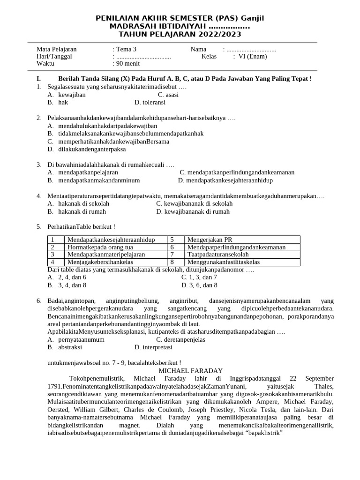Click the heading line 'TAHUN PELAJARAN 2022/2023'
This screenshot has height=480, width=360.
point(180,34)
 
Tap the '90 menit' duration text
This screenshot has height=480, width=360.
point(128,64)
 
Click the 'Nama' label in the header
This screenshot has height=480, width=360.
point(198,49)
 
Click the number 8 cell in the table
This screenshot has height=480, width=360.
point(172,262)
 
